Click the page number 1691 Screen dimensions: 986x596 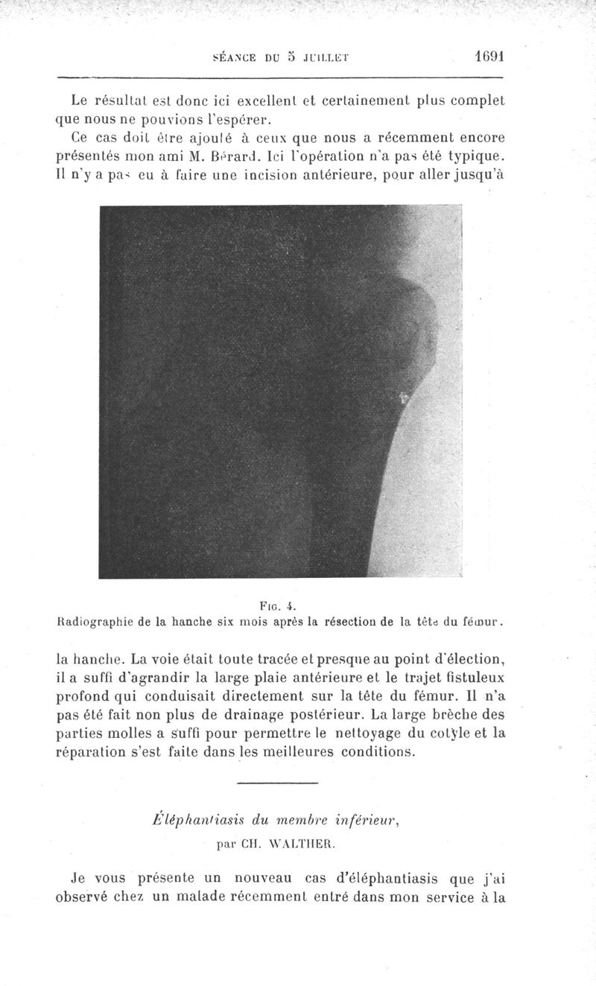pos(489,56)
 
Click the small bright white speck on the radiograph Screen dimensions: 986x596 pos(404,398)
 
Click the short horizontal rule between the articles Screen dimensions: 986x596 pos(277,783)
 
